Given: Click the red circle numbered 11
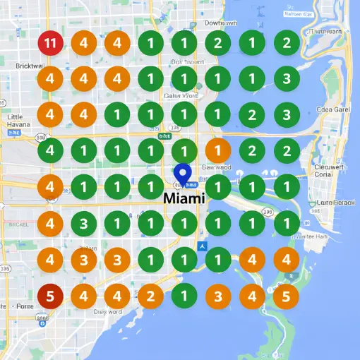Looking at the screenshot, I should pyautogui.click(x=49, y=43).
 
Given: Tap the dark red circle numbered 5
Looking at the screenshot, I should pyautogui.click(x=49, y=295).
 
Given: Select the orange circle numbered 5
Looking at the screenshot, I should pyautogui.click(x=286, y=295).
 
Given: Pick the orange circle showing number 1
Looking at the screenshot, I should pyautogui.click(x=218, y=150).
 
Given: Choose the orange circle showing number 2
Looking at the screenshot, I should pyautogui.click(x=150, y=295).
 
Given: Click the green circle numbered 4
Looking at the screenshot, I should pyautogui.click(x=49, y=150).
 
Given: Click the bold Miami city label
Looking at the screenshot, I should pyautogui.click(x=184, y=198).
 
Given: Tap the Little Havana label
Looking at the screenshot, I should pyautogui.click(x=14, y=121).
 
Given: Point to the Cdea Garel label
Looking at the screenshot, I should pyautogui.click(x=334, y=109).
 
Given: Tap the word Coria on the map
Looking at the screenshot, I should pyautogui.click(x=323, y=174).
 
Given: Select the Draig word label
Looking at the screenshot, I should pyautogui.click(x=107, y=311).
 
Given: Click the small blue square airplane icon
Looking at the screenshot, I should pyautogui.click(x=203, y=246).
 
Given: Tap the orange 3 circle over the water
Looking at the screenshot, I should pyautogui.click(x=218, y=295).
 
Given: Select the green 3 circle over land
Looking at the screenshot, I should pyautogui.click(x=83, y=224).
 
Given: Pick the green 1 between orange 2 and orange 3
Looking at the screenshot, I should pyautogui.click(x=184, y=295).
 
